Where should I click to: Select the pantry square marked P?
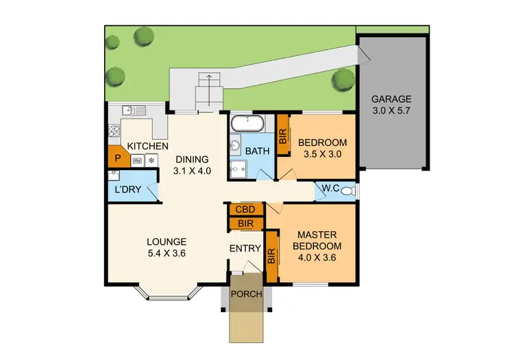(x=118, y=158)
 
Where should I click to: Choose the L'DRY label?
(x=128, y=190)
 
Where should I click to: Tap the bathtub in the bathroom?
(x=245, y=125)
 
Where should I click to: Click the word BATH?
(x=258, y=151)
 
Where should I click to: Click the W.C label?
(x=328, y=190)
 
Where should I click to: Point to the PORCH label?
(x=245, y=295)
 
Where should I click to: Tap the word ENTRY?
(x=245, y=248)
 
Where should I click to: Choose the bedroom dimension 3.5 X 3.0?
(x=322, y=154)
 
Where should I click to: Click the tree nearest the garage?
(x=341, y=80)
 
